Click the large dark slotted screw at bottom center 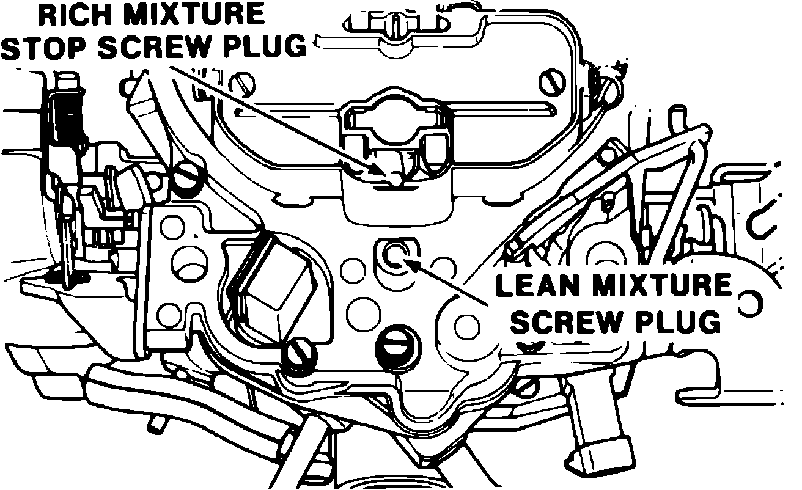(394, 346)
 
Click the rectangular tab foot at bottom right (597, 453)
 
